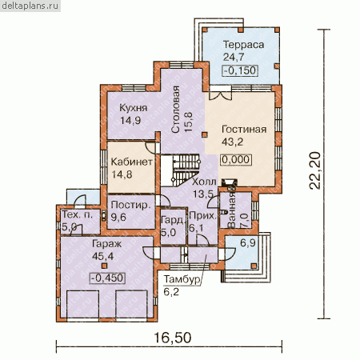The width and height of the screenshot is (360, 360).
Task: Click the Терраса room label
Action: (x=243, y=45)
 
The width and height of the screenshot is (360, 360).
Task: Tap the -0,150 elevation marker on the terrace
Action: (x=240, y=70)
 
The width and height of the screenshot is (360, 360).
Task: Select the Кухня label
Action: (x=133, y=108)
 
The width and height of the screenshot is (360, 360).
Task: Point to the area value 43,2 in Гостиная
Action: (x=232, y=142)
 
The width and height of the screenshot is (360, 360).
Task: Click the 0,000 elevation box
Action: (x=236, y=160)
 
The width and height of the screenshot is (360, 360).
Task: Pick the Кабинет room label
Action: (x=132, y=162)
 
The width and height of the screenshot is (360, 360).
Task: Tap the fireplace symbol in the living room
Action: (x=228, y=182)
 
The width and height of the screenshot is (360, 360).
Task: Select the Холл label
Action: (x=204, y=182)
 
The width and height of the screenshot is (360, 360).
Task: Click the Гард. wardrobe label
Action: (x=174, y=220)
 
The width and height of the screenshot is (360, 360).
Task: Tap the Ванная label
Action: (x=231, y=210)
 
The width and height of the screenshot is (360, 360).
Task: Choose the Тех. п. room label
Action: (x=78, y=214)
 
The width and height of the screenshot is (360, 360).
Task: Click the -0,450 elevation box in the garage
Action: (x=107, y=278)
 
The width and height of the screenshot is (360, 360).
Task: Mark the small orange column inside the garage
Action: (x=104, y=266)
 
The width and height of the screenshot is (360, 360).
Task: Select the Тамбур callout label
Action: (x=182, y=279)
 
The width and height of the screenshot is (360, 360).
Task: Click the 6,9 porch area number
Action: (x=248, y=243)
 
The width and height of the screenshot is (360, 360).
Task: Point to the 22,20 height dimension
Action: (x=314, y=170)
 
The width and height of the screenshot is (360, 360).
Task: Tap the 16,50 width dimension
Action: (x=173, y=338)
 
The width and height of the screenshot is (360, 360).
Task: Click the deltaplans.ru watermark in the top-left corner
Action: (x=30, y=6)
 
